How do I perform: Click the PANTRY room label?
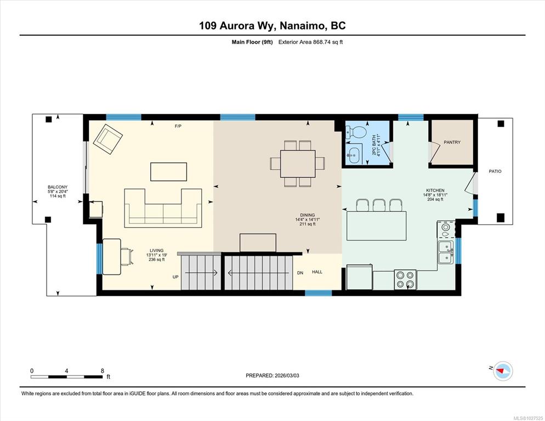[x=452, y=142]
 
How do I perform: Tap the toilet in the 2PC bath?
[x=356, y=132]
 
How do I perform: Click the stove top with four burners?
[x=405, y=279]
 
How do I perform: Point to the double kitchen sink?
[x=445, y=252]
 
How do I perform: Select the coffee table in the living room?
[x=168, y=172]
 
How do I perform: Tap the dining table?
[x=298, y=164]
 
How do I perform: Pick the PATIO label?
[x=495, y=171]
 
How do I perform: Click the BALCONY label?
[x=58, y=187]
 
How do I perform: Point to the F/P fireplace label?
[x=178, y=126]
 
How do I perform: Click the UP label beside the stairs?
[x=175, y=277]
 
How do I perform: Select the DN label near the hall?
[x=300, y=273]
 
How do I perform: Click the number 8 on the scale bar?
[x=102, y=371]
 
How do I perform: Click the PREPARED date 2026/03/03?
[x=287, y=375]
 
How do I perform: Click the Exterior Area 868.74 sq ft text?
[x=311, y=42]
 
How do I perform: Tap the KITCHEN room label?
[x=435, y=190]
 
